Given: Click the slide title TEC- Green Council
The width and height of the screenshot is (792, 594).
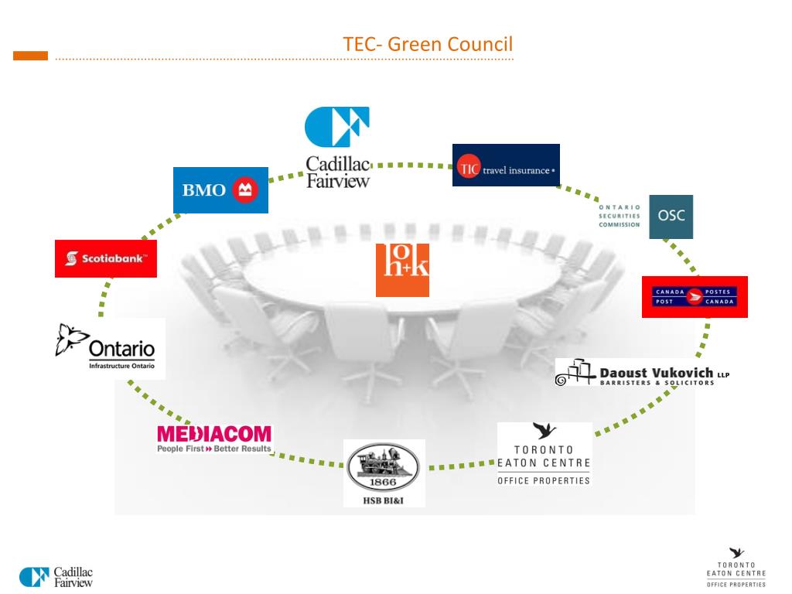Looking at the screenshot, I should (x=428, y=44).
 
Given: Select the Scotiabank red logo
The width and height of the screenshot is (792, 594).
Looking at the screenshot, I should (x=106, y=258).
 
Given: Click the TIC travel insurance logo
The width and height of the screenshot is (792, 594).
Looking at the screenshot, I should (x=506, y=166).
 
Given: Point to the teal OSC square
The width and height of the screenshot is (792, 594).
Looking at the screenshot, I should (x=671, y=217).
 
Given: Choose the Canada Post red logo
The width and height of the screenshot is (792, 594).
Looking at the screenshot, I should (x=695, y=296).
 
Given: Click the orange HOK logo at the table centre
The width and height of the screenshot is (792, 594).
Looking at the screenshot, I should (x=402, y=270).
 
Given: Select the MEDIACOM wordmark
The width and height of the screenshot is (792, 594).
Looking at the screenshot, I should (x=214, y=434).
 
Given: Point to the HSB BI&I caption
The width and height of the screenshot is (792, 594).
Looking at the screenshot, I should (x=384, y=500).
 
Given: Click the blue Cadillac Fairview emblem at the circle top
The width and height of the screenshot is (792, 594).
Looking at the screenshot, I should (x=337, y=127).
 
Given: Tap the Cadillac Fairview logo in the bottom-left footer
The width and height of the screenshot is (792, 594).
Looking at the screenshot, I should (x=56, y=577).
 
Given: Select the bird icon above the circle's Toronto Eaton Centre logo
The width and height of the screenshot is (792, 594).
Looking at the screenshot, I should (x=544, y=431).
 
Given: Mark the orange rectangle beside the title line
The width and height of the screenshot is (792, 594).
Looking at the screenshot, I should (x=31, y=56).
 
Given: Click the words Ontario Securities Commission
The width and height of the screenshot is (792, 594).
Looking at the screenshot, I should (x=620, y=216).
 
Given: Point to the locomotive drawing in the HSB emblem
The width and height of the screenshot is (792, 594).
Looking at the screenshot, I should (x=384, y=463).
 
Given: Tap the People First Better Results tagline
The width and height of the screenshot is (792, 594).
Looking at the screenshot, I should (x=214, y=449).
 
